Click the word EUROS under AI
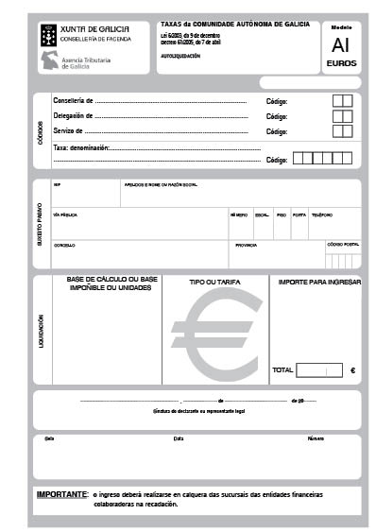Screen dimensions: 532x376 [340, 63]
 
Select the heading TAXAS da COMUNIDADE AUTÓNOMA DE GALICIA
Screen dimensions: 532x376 [235, 24]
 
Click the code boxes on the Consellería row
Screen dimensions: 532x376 [343, 101]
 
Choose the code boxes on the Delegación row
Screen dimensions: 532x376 [343, 116]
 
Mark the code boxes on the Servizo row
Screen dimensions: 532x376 [343, 131]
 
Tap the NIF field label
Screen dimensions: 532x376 [57, 185]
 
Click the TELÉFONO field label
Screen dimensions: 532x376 [321, 215]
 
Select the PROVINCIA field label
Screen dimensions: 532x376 [246, 245]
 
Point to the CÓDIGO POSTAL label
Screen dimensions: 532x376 [343, 244]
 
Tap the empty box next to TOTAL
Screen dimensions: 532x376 [318, 370]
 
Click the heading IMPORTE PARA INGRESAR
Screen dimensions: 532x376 [319, 283]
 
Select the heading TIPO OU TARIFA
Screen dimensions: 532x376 [215, 283]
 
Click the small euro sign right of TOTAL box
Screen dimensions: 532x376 [352, 370]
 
